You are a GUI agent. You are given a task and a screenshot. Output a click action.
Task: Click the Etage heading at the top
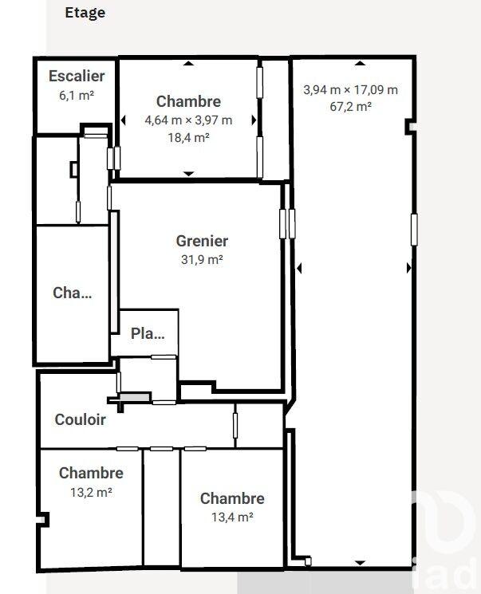[85, 13]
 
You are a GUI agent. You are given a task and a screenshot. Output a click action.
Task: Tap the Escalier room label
[77, 77]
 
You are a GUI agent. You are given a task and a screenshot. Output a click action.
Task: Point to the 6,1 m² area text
[77, 93]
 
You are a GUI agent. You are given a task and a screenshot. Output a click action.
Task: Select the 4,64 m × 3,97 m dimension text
[188, 120]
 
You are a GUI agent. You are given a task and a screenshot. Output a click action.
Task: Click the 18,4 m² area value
[188, 137]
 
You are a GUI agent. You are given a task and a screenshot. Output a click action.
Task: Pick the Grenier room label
[202, 241]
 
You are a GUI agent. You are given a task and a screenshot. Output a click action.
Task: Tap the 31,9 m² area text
[202, 258]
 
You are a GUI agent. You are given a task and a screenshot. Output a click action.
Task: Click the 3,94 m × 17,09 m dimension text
[350, 89]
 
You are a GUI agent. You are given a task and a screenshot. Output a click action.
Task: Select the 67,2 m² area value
[350, 106]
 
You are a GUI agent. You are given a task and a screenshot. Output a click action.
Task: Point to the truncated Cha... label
[73, 293]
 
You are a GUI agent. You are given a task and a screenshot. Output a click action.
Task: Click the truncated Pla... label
[148, 334]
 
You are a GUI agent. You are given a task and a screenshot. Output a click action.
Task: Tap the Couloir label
[80, 419]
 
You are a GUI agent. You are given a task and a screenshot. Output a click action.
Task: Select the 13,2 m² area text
[91, 492]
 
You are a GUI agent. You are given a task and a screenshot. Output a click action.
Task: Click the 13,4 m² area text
[232, 517]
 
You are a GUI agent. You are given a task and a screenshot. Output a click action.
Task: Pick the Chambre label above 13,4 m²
[232, 499]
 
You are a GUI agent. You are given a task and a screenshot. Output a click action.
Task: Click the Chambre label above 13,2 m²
[91, 474]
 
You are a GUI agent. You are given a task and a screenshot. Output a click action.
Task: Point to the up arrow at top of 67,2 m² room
[359, 63]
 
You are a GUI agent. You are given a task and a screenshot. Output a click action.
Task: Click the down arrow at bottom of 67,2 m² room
[359, 562]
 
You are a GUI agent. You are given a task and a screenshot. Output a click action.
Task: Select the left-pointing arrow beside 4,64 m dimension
[124, 120]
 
